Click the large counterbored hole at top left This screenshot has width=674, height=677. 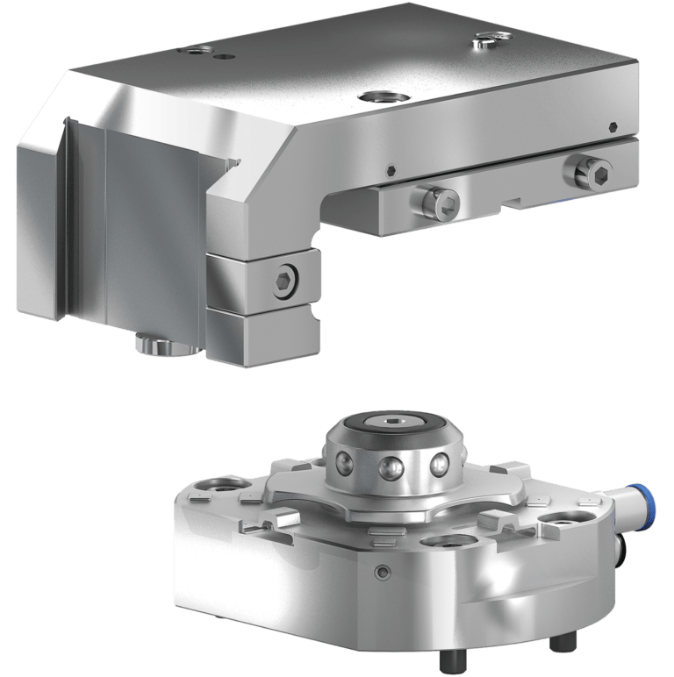[x=194, y=51]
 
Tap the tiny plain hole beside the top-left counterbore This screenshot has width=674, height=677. [x=228, y=55]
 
